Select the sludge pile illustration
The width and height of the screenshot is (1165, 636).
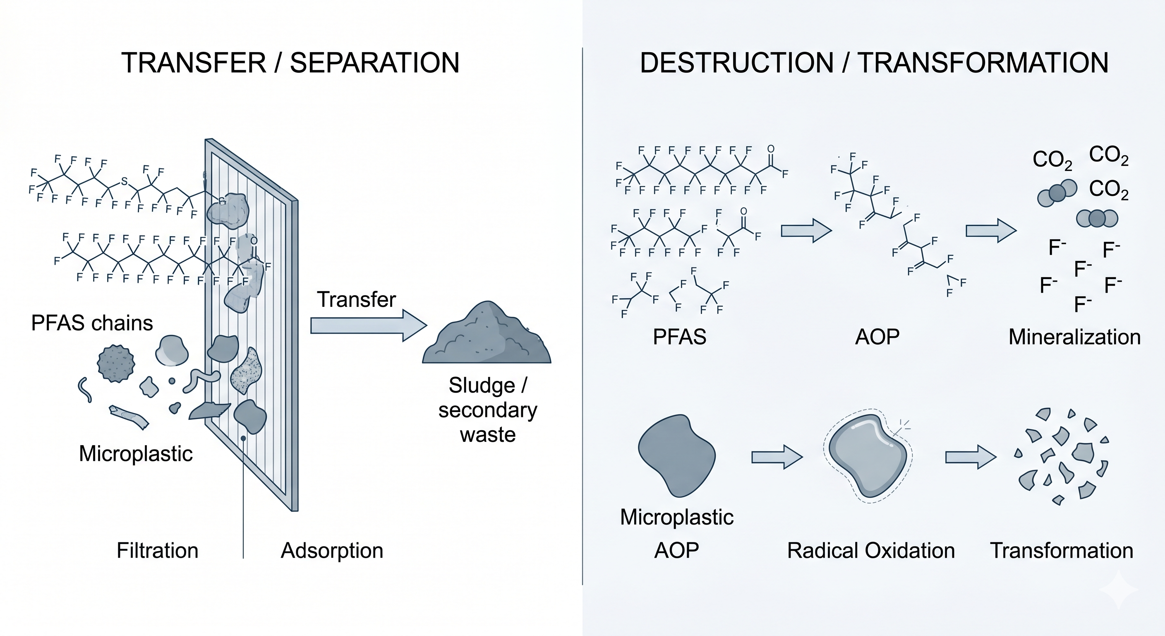487,337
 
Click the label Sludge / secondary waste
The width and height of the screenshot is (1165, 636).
487,410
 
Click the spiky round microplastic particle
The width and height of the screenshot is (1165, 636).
116,364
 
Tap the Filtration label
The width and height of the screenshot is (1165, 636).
157,550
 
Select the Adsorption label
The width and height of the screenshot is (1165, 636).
332,550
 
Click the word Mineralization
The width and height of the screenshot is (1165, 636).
1074,337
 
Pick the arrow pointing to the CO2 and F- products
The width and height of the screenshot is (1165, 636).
990,231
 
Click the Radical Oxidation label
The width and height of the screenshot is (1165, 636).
870,550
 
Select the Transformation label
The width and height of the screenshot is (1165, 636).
1062,550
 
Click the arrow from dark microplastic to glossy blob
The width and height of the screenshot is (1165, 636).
777,457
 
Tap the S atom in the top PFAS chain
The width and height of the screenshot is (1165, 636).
124,181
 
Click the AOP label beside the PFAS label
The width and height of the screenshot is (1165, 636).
877,337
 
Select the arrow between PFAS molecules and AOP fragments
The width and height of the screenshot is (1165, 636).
806,231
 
